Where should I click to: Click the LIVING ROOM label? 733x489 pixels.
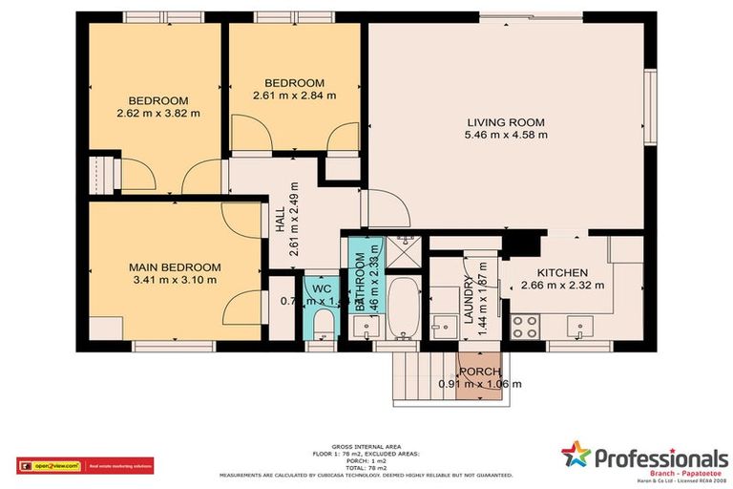click(x=505, y=122)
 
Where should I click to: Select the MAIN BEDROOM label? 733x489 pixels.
click(x=175, y=267)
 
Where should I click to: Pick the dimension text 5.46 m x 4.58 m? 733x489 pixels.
click(x=506, y=135)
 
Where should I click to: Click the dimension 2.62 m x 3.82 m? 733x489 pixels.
click(x=158, y=113)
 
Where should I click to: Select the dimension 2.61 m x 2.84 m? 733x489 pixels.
click(x=294, y=96)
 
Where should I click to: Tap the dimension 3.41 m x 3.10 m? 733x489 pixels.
click(x=175, y=280)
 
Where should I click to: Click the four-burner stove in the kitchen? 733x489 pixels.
click(x=524, y=327)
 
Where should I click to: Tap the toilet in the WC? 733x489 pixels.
click(x=324, y=323)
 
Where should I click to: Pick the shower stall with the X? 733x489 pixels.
click(x=407, y=253)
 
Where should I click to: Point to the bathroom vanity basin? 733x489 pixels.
click(x=366, y=327)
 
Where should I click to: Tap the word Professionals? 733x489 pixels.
click(x=661, y=458)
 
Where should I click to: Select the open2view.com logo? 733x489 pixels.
click(x=49, y=465)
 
